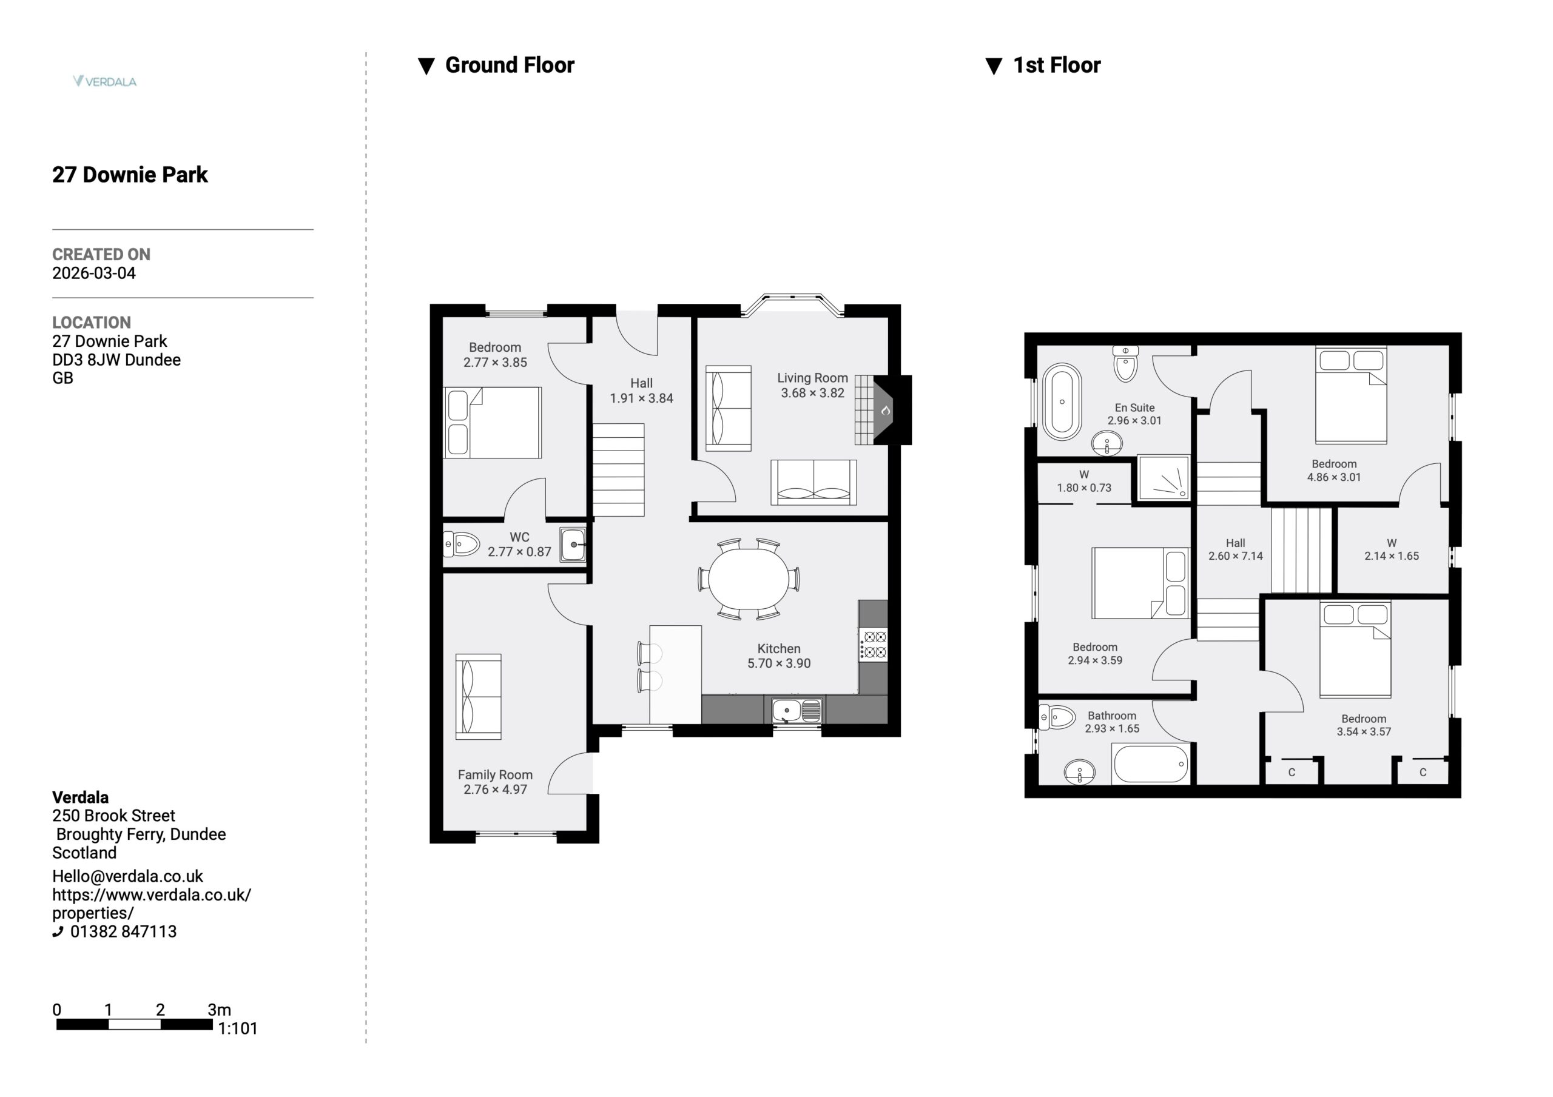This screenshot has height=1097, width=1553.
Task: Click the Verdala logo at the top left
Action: coord(105,81)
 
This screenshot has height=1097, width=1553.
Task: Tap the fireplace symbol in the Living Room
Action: coord(884,410)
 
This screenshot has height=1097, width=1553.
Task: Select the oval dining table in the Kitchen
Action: coord(749,579)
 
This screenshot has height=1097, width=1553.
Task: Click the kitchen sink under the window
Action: coord(797,710)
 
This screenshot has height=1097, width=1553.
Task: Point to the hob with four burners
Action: coord(873,645)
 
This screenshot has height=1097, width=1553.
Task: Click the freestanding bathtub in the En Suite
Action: coord(1062,401)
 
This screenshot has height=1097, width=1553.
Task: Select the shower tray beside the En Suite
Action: coord(1164,477)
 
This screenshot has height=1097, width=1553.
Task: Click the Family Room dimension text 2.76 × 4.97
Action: coord(495,790)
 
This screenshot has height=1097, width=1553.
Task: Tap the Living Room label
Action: coord(812,378)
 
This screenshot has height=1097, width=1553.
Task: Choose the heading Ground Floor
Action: coord(510,65)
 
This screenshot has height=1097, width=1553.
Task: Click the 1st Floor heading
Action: coord(1057,65)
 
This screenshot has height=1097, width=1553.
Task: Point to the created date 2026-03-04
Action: coord(94,273)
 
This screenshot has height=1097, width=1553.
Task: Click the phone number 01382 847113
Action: coord(123,931)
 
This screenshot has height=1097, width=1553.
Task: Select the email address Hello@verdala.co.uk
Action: coord(128,876)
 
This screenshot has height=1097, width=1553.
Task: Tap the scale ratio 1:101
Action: coord(237,1028)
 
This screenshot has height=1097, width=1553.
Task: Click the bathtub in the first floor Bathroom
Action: coord(1151,764)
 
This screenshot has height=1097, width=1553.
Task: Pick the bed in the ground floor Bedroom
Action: coord(493,423)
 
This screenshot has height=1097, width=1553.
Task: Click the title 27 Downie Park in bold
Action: coord(130,175)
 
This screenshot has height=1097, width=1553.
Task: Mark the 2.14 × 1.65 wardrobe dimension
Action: coord(1392,556)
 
